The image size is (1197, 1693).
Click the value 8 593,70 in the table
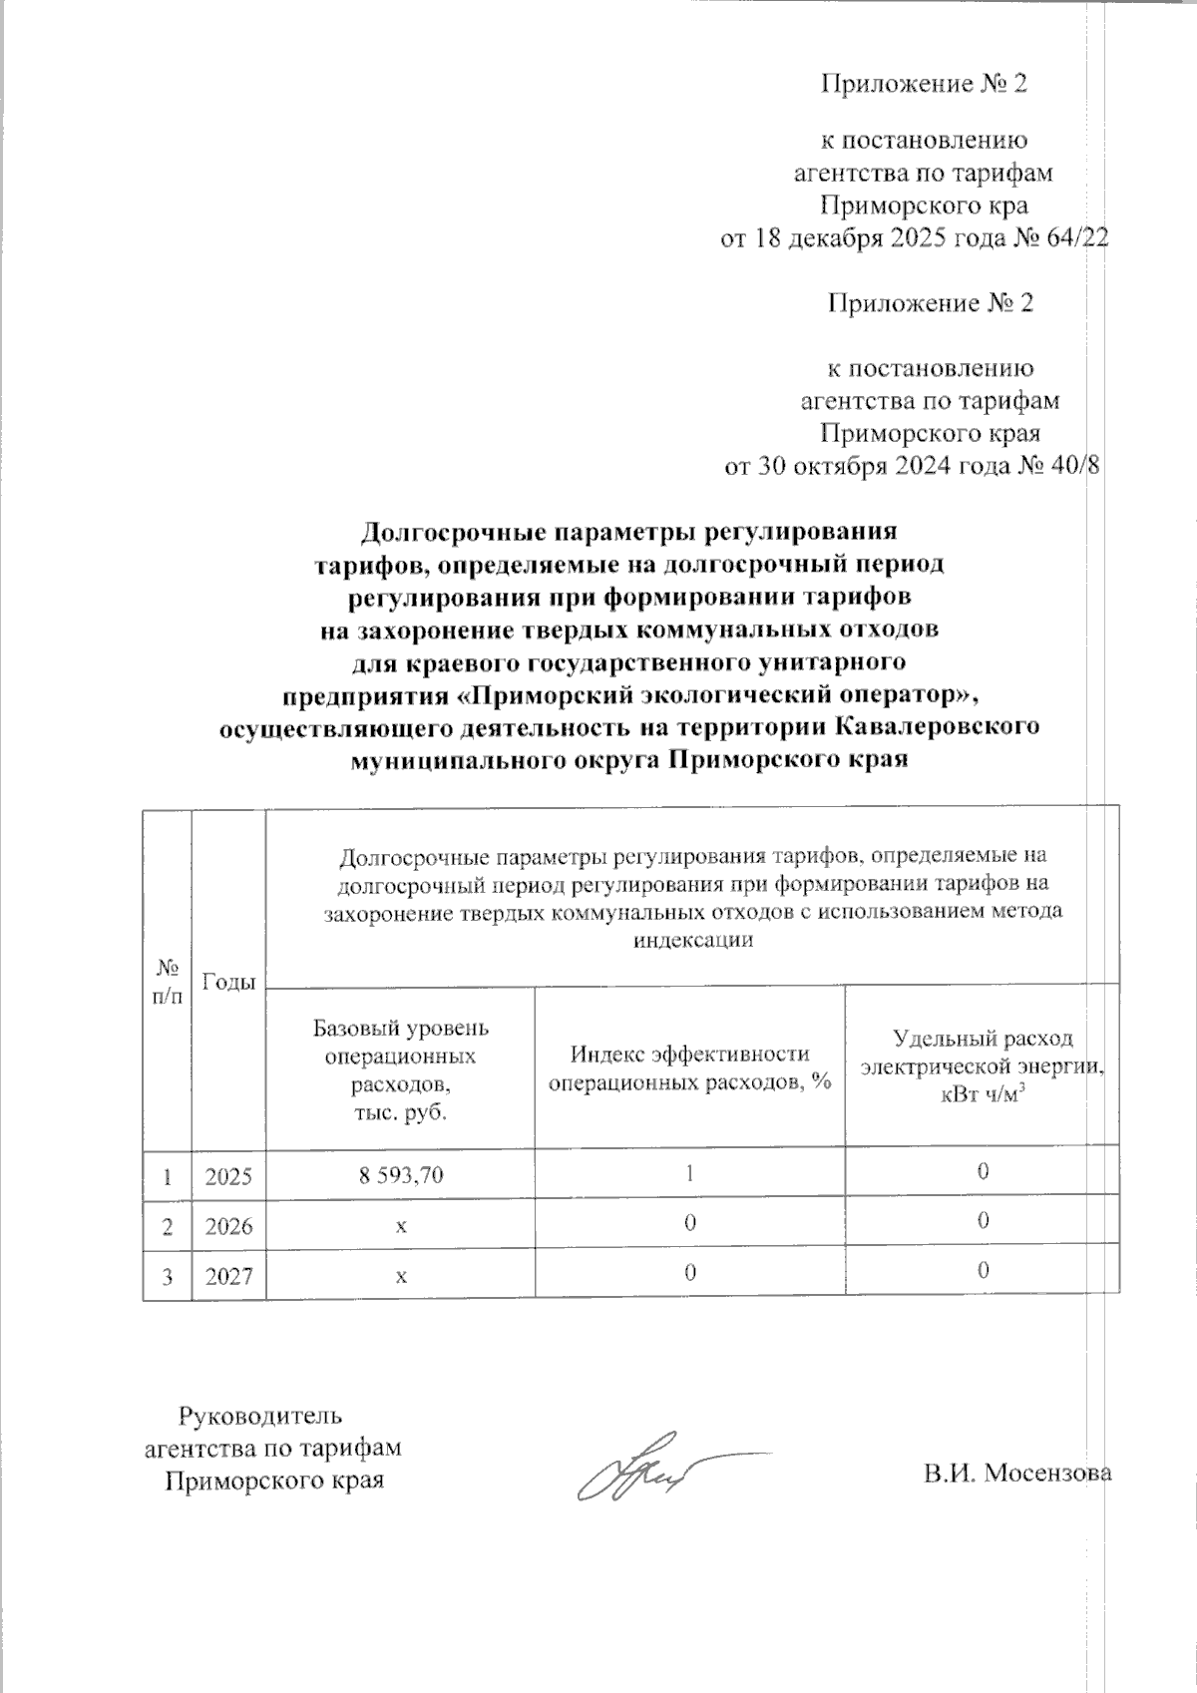pyautogui.click(x=400, y=1175)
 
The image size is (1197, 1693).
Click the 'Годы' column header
pyautogui.click(x=228, y=982)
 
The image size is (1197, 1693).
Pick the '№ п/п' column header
pyautogui.click(x=167, y=982)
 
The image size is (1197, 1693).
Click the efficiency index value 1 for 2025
pyautogui.click(x=689, y=1173)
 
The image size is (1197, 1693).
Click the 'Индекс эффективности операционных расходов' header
pyautogui.click(x=689, y=1068)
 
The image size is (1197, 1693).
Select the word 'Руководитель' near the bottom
pyautogui.click(x=260, y=1415)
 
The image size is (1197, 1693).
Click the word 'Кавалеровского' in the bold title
pyautogui.click(x=936, y=726)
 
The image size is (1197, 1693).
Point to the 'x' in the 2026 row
pyautogui.click(x=400, y=1225)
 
